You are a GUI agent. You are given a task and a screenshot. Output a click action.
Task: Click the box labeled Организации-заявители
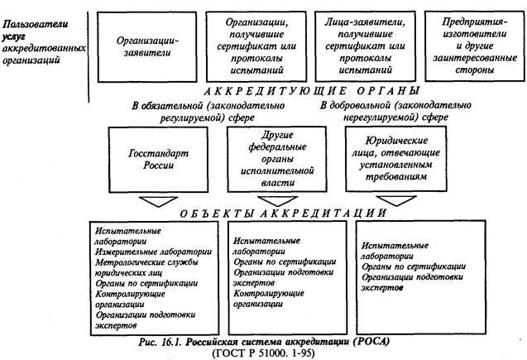click(148, 43)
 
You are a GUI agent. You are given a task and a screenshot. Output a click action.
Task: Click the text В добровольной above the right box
click(364, 105)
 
